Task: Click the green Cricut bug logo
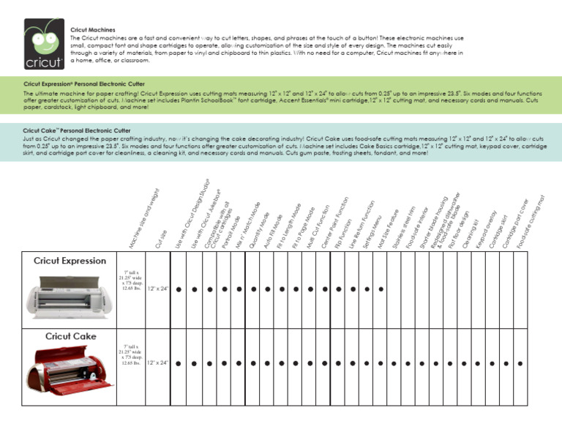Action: coord(42,42)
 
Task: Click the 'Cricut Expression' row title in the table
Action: coord(70,261)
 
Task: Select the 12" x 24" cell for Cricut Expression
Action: coord(158,289)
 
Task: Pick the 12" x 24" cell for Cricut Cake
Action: coord(158,362)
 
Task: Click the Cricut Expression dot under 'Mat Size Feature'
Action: coord(381,289)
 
